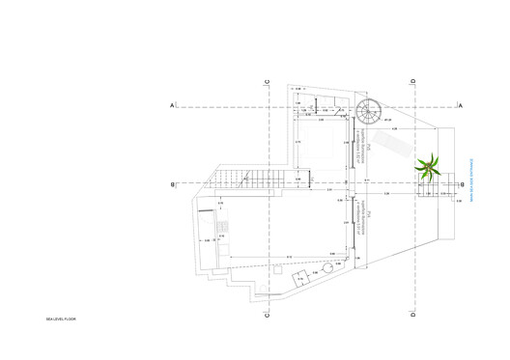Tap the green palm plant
pos(426,168)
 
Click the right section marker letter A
pos(462,104)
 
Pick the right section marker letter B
pos(462,183)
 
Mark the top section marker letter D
pos(412,80)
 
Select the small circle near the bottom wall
pos(328,267)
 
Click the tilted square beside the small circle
pos(300,277)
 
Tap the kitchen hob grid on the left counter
pos(221,228)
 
